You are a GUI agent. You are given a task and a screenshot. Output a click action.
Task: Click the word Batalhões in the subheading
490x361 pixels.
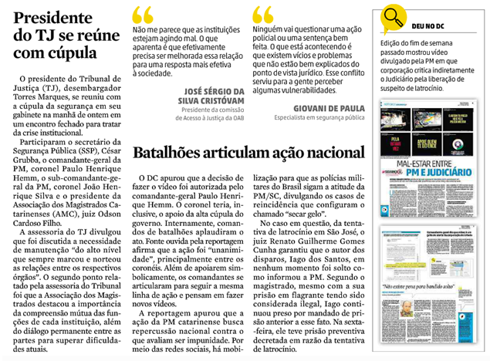172,152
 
